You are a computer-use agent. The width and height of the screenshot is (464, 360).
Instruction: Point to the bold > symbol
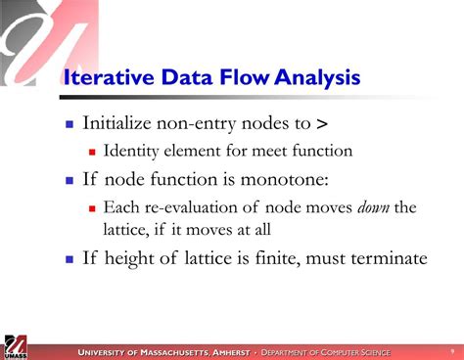[322, 123]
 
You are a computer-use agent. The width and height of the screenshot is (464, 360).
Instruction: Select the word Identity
[133, 151]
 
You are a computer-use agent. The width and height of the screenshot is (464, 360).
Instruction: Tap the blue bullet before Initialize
[69, 124]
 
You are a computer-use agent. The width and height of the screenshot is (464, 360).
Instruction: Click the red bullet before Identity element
[92, 152]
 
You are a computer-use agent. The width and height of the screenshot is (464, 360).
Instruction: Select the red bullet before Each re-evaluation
[92, 207]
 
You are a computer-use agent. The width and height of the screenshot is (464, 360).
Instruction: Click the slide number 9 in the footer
[451, 351]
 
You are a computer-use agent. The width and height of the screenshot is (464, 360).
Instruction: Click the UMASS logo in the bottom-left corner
[17, 345]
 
